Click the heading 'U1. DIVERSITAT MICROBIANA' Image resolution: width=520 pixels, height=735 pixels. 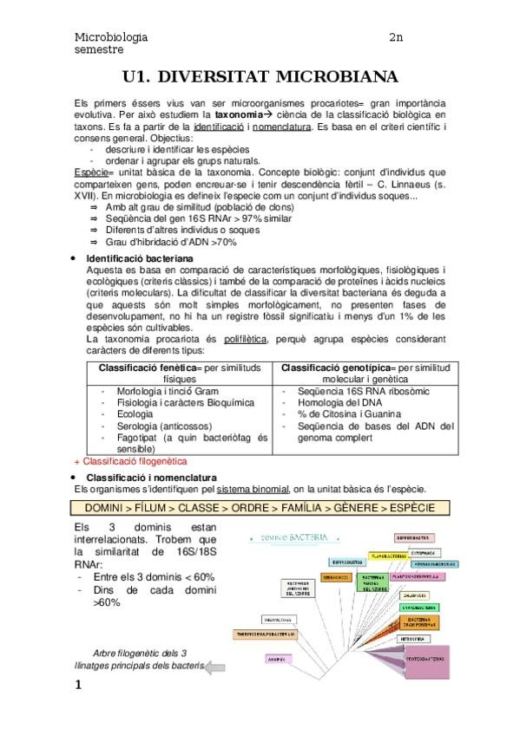(x=260, y=75)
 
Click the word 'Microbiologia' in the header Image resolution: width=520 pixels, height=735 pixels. (x=111, y=37)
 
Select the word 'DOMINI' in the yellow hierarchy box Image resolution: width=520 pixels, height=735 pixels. (x=106, y=508)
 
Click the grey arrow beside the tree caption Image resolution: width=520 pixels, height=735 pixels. (x=216, y=667)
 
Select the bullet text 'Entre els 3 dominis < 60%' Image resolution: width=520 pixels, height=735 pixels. (x=153, y=576)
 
